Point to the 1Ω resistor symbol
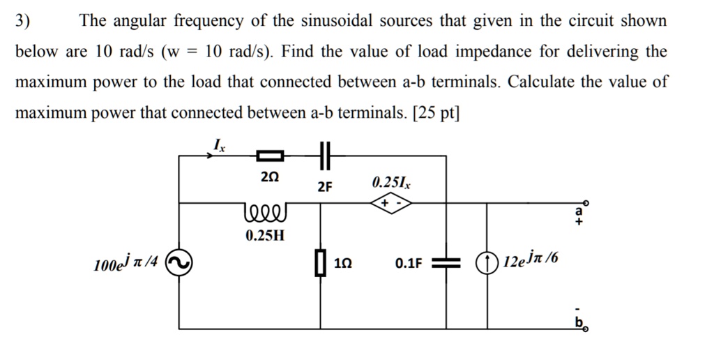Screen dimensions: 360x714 (x=321, y=264)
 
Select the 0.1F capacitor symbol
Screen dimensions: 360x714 (x=446, y=264)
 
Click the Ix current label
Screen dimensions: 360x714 (x=219, y=145)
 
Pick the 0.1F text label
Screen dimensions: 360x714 (x=409, y=264)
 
